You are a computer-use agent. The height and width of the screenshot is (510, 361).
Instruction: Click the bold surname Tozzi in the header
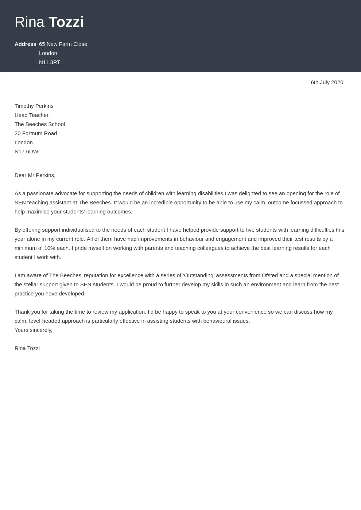(x=66, y=22)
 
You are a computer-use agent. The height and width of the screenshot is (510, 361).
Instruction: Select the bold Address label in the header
(x=25, y=44)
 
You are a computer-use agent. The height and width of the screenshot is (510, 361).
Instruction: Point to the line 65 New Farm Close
(x=63, y=44)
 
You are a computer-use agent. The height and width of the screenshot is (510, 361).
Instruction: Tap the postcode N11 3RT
(x=50, y=62)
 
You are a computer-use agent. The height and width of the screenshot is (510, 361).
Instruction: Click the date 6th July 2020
(x=327, y=82)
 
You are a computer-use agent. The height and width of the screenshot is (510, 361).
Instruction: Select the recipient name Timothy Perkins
(x=34, y=106)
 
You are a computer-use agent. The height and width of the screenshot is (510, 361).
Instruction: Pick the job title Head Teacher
(x=31, y=115)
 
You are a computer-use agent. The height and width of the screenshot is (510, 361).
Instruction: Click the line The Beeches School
(x=40, y=124)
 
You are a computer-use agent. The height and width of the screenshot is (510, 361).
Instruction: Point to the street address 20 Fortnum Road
(x=36, y=133)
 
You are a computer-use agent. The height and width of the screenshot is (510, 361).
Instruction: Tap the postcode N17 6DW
(x=26, y=152)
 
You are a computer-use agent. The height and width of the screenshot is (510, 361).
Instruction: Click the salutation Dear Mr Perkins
(x=35, y=175)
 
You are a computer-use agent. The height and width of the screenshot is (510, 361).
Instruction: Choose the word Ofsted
(x=270, y=275)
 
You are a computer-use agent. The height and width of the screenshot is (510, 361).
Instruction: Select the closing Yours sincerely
(x=34, y=330)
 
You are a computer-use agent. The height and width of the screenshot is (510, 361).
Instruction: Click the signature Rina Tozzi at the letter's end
(x=27, y=348)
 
